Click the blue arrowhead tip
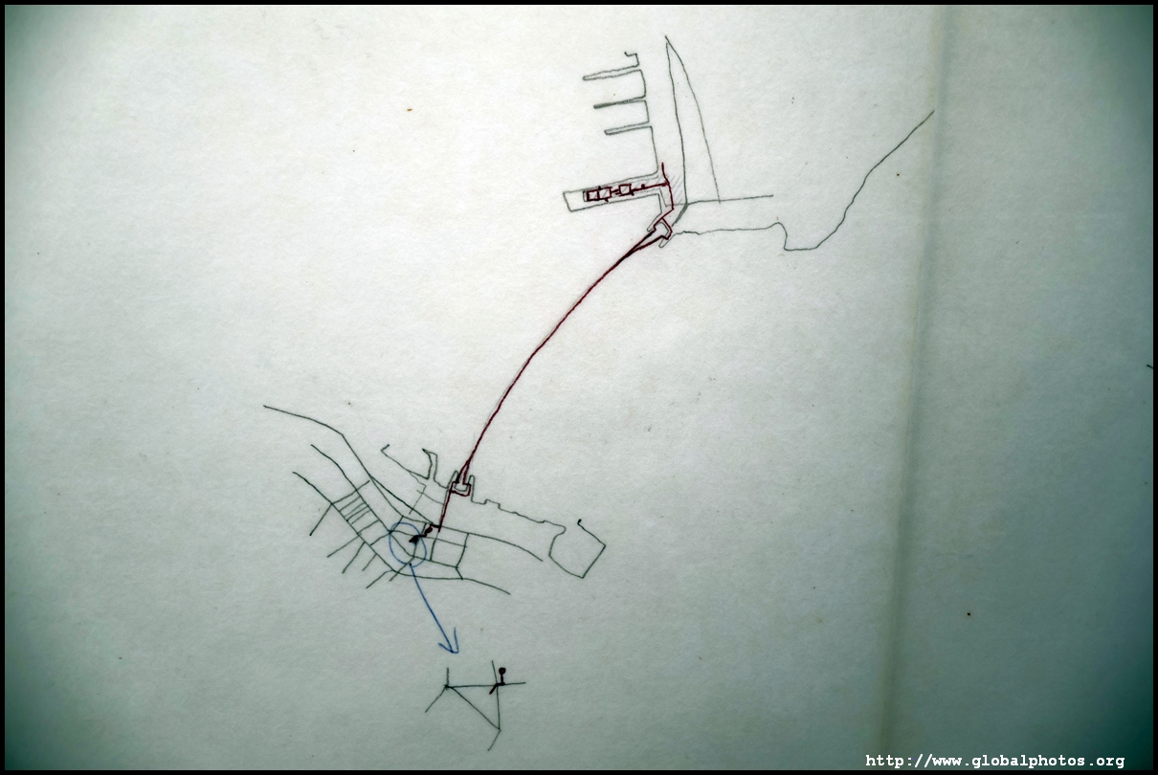pyautogui.click(x=457, y=653)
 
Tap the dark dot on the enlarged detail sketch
pyautogui.click(x=502, y=671)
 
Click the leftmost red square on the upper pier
pyautogui.click(x=590, y=195)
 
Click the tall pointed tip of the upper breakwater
pyautogui.click(x=666, y=37)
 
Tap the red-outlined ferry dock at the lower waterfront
pyautogui.click(x=461, y=486)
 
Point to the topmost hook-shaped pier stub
pyautogui.click(x=632, y=56)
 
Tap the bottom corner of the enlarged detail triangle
pyautogui.click(x=500, y=729)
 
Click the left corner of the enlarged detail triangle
pyautogui.click(x=447, y=687)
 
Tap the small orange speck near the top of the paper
pyautogui.click(x=409, y=109)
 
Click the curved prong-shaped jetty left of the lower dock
pyautogui.click(x=429, y=464)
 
